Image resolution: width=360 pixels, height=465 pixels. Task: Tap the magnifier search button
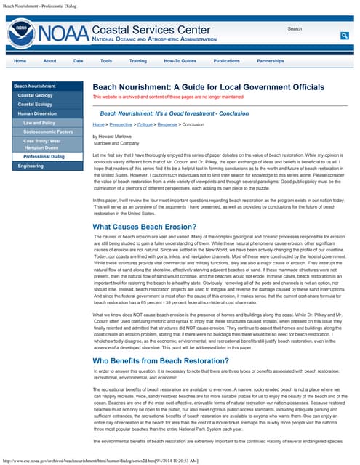click(x=344, y=35)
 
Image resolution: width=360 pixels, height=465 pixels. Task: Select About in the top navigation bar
click(x=49, y=61)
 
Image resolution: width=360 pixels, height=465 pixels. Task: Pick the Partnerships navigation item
click(x=270, y=61)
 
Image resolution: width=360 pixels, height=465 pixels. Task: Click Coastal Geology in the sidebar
click(x=36, y=95)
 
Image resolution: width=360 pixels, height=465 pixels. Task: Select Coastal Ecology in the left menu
click(x=36, y=104)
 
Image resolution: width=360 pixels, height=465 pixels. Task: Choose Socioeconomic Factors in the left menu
click(x=48, y=132)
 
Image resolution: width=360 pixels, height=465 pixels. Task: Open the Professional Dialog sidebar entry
click(x=44, y=156)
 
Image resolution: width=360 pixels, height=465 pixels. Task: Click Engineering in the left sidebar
click(x=31, y=166)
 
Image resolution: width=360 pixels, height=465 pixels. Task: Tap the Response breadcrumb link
click(x=168, y=125)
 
